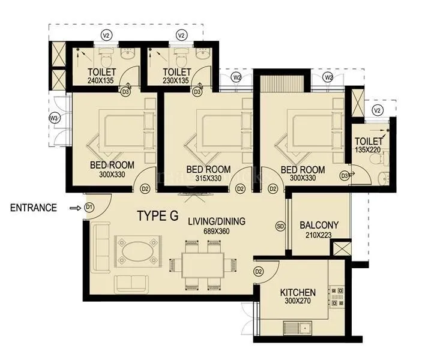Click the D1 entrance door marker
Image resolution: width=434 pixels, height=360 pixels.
89,208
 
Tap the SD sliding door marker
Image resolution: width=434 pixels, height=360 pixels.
280,226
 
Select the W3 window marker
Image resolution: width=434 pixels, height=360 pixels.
53,118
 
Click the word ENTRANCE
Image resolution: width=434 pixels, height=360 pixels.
34,208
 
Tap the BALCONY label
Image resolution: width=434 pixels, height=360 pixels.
319,225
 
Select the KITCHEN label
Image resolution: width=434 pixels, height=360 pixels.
298,293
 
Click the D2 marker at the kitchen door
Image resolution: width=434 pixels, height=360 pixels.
259,271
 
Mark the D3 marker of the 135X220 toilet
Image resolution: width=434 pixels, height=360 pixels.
344,175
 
